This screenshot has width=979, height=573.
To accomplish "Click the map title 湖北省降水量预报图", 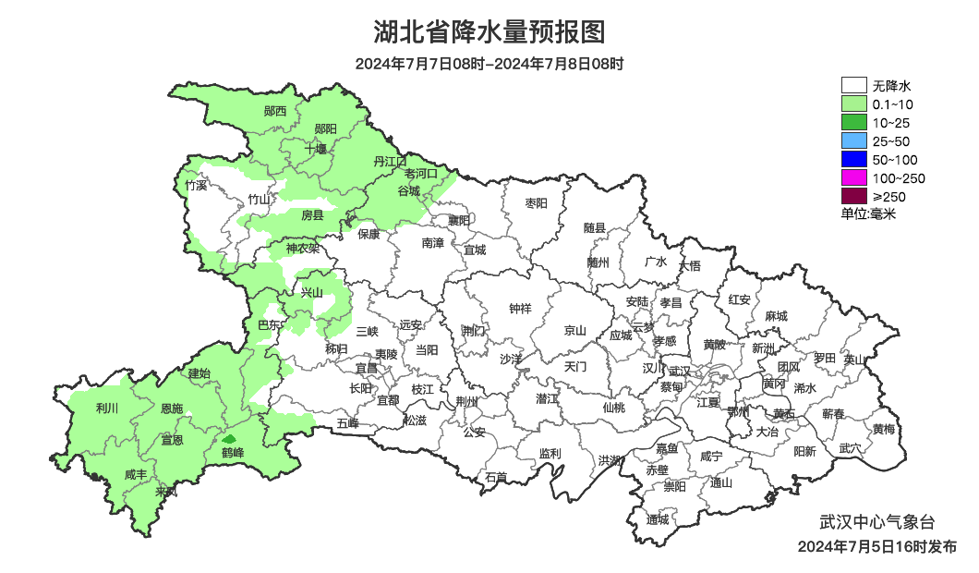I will (489, 32).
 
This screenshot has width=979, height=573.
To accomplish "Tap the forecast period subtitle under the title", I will (489, 64).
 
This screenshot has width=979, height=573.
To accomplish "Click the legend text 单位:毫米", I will (868, 213).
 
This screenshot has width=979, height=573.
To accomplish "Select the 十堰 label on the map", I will (316, 148).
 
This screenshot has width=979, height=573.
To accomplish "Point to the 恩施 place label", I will (172, 408).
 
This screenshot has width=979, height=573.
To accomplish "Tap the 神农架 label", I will (302, 248).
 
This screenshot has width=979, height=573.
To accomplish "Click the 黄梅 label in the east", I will (883, 429).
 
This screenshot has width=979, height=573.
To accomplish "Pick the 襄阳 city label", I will (459, 220).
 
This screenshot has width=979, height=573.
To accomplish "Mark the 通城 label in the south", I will (658, 520).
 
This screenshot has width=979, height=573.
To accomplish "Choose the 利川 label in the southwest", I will (107, 408).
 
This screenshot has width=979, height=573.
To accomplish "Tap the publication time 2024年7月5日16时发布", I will (876, 547).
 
